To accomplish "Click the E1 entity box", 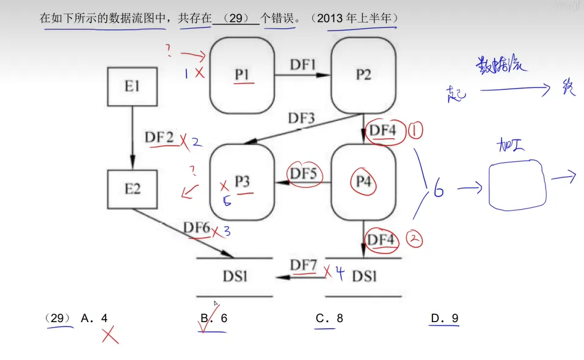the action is [x=132, y=86].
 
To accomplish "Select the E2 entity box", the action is [x=132, y=188].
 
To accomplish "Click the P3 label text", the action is [x=243, y=182].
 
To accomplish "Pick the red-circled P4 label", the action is [x=363, y=182].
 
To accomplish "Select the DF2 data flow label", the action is [x=159, y=137].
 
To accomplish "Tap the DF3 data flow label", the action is [x=302, y=119].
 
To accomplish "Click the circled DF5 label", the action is [x=304, y=174].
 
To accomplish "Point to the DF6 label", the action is [x=197, y=227].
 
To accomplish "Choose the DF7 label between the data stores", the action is [x=304, y=265].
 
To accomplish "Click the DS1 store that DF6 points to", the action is [x=235, y=276].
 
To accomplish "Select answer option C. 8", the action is [x=329, y=318].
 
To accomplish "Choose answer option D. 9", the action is [x=445, y=318].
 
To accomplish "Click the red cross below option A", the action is [x=110, y=334].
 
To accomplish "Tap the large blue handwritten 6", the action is [x=438, y=191].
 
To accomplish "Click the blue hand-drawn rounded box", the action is [x=517, y=185].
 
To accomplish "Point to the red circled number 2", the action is [x=415, y=240].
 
